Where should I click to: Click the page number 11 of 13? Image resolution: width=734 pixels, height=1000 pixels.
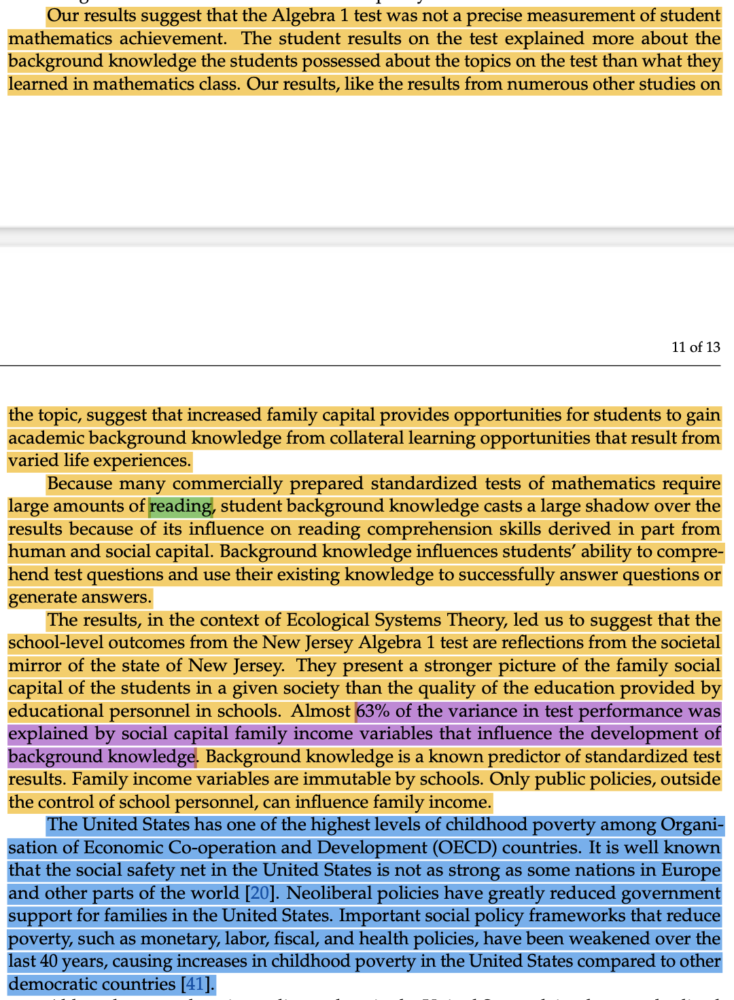click(x=695, y=347)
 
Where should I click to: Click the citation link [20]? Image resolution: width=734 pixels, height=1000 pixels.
click(x=259, y=893)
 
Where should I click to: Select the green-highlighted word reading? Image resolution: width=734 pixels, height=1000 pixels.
click(x=180, y=506)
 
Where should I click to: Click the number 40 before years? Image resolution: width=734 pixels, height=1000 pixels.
click(x=49, y=961)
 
